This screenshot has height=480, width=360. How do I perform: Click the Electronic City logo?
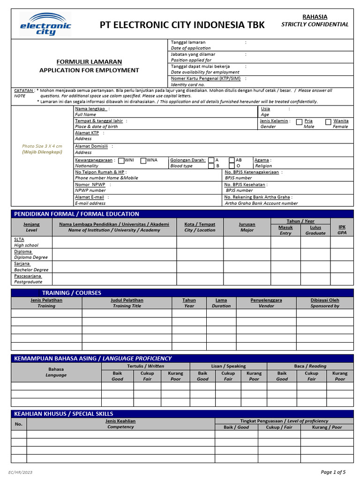click(45, 24)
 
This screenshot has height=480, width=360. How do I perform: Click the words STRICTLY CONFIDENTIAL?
click(315, 24)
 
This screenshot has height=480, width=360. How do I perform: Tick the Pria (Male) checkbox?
click(299, 122)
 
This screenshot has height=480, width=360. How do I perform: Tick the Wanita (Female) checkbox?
click(328, 122)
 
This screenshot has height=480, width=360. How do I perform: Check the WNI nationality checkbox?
click(121, 160)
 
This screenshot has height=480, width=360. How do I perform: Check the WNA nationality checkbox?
click(143, 160)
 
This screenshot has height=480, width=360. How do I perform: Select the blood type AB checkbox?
click(232, 160)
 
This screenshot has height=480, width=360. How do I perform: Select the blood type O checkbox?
click(232, 166)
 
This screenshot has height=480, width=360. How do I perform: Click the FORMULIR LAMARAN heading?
click(89, 62)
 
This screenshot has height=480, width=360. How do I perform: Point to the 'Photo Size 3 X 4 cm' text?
click(42, 146)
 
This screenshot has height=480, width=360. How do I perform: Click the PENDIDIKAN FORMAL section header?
click(77, 214)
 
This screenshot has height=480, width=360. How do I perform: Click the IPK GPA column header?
click(342, 230)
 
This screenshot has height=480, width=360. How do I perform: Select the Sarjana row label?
click(22, 264)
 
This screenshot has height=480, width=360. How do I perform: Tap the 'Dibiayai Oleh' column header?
click(324, 300)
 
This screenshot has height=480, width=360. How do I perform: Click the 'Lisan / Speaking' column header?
click(228, 366)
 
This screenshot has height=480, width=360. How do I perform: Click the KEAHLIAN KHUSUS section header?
click(64, 414)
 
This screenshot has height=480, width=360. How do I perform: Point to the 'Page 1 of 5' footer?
click(333, 472)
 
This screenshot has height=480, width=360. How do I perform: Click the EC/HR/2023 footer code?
click(21, 472)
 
